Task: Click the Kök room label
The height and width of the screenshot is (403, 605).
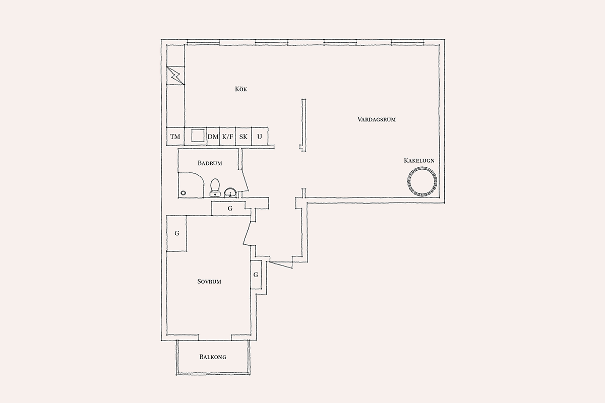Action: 241,89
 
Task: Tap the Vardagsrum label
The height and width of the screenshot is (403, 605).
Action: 377,119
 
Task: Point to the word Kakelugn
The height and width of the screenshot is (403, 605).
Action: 419,160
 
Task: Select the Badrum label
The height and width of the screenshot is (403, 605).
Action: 210,163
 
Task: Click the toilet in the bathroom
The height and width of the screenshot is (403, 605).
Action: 215,187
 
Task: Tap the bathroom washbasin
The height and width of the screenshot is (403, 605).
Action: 230,192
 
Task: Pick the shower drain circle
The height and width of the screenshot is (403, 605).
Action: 184,193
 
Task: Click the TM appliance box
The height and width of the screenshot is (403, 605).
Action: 175,137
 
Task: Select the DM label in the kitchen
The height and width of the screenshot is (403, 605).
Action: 213,137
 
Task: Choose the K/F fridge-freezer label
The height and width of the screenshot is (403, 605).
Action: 227,137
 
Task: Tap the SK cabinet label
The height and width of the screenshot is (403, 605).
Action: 244,137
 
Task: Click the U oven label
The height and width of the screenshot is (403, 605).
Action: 260,137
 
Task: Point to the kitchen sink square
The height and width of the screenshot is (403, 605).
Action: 198,135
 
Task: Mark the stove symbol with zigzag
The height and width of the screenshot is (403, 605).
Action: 175,76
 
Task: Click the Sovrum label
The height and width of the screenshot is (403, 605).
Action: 209,282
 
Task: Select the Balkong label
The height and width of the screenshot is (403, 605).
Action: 213,357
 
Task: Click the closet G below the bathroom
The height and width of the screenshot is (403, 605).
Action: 230,209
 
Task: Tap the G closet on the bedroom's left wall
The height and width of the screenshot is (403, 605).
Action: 177,233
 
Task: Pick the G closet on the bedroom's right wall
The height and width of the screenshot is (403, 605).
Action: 256,275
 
